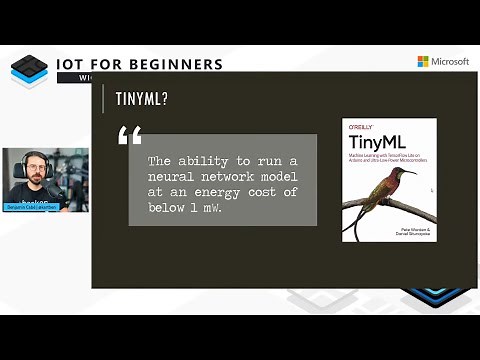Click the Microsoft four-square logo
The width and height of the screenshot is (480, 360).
[x=423, y=61]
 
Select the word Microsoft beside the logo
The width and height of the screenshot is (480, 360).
[x=450, y=61]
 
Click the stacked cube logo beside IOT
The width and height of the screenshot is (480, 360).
[x=29, y=70]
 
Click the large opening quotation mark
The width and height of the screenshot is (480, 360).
[x=129, y=135]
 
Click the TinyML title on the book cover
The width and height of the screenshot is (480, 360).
[x=369, y=142]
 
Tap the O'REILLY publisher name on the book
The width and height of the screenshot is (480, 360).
[x=359, y=127]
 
